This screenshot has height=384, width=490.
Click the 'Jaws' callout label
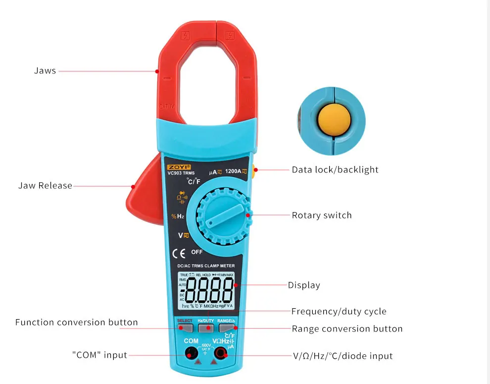(x=45, y=71)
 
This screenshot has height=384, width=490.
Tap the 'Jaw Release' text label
(x=45, y=186)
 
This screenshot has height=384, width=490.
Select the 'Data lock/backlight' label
(x=335, y=169)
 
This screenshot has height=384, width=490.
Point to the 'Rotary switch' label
(x=322, y=215)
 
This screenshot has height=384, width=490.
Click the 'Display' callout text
(x=304, y=285)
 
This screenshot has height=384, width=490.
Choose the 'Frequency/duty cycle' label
(x=339, y=311)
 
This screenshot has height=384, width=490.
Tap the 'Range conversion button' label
(x=347, y=329)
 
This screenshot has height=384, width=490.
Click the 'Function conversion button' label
(x=77, y=322)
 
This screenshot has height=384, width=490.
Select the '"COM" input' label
(x=99, y=355)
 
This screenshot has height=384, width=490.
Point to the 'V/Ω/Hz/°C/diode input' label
(x=342, y=356)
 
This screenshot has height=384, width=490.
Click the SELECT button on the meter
(x=185, y=327)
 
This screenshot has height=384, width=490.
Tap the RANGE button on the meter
(x=226, y=327)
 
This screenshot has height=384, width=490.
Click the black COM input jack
(x=190, y=353)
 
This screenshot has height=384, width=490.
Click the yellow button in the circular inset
(x=334, y=120)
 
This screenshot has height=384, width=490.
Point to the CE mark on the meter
(x=179, y=254)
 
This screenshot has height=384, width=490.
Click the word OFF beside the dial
(x=197, y=252)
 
